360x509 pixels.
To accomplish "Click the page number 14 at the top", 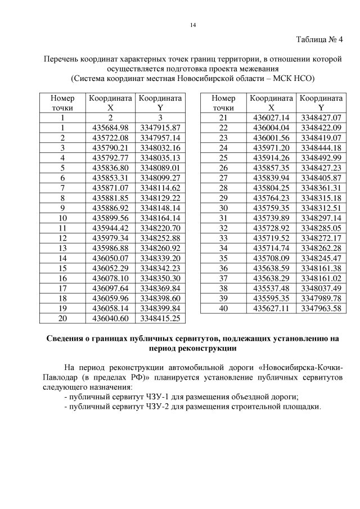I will pyautogui.click(x=192, y=25).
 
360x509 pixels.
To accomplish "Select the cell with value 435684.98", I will pyautogui.click(x=110, y=128).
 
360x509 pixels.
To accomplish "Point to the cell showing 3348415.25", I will pyautogui.click(x=160, y=318).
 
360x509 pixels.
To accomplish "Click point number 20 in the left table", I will pyautogui.click(x=62, y=318).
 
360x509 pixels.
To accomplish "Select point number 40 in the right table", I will pyautogui.click(x=223, y=308).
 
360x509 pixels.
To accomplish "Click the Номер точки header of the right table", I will pyautogui.click(x=223, y=102).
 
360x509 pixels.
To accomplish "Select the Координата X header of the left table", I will pyautogui.click(x=110, y=102).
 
